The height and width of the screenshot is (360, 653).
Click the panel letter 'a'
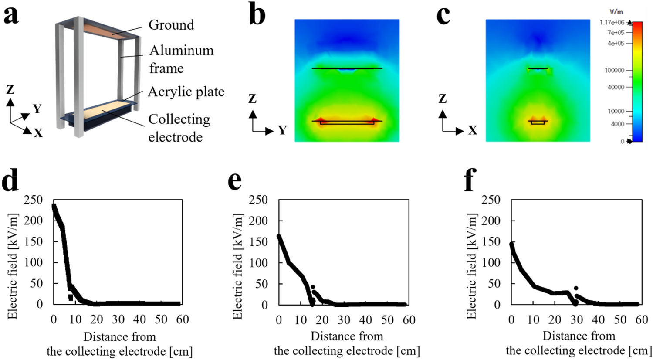pyautogui.click(x=11, y=16)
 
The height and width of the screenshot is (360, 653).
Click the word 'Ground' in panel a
pyautogui.click(x=171, y=25)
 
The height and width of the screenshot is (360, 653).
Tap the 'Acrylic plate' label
pyautogui.click(x=186, y=92)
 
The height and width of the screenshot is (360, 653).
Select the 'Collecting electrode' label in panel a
pyautogui.click(x=179, y=128)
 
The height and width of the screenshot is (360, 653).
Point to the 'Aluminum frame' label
pyautogui.click(x=181, y=59)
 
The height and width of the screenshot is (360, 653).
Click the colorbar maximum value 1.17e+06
pyautogui.click(x=612, y=23)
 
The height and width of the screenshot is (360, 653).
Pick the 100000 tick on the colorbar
pyautogui.click(x=614, y=70)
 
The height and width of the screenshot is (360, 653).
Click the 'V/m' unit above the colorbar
pyautogui.click(x=616, y=12)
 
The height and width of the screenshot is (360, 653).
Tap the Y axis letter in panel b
pyautogui.click(x=282, y=130)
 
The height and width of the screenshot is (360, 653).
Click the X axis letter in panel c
pyautogui.click(x=472, y=130)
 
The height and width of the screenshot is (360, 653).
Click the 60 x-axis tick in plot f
pyautogui.click(x=642, y=320)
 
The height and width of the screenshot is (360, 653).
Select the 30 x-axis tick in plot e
pyautogui.click(x=344, y=320)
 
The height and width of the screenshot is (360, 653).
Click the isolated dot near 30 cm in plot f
pyautogui.click(x=576, y=288)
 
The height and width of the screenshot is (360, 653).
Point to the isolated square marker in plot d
pyautogui.click(x=71, y=298)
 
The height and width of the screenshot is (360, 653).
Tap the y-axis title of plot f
pyautogui.click(x=471, y=267)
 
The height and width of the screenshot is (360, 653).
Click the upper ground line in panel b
pyautogui.click(x=347, y=68)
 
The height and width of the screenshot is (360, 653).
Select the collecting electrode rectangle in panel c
pyautogui.click(x=538, y=122)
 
